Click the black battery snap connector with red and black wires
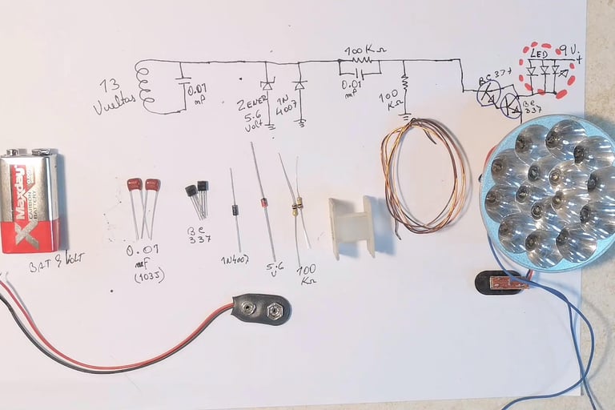[261, 307]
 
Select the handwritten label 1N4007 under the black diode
[235, 258]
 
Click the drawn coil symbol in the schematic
[145, 84]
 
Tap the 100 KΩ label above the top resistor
[364, 50]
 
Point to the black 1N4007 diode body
[235, 210]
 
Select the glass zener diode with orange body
[264, 203]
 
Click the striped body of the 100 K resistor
[297, 207]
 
